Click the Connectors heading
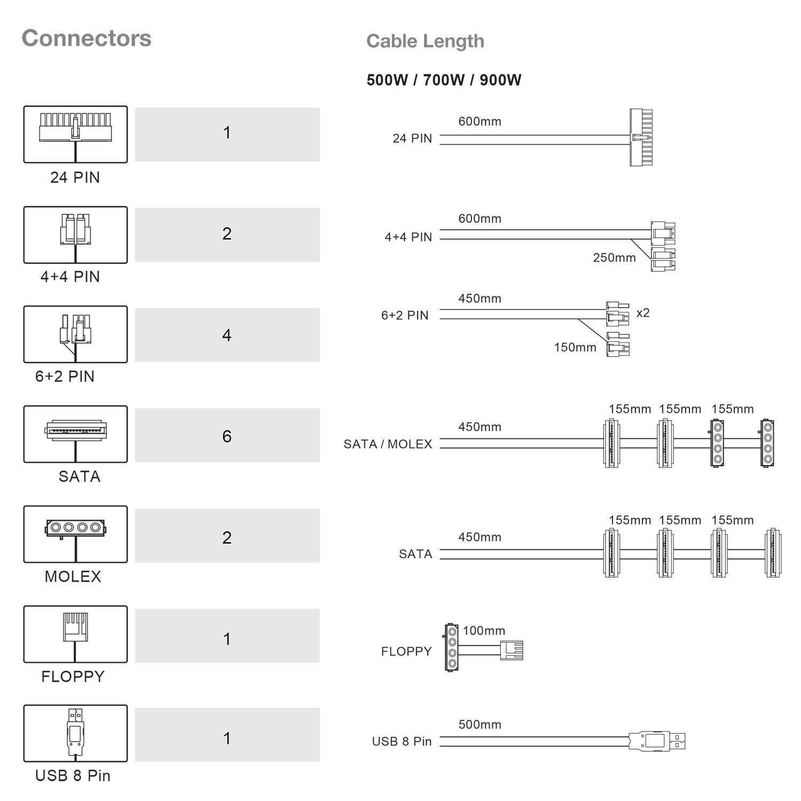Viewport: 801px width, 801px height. click(87, 38)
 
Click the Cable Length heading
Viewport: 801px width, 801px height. click(425, 41)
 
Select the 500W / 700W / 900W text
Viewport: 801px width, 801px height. click(444, 80)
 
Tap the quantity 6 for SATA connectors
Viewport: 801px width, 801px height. click(227, 436)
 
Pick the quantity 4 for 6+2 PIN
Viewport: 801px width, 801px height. click(227, 335)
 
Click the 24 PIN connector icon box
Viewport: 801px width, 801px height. click(75, 134)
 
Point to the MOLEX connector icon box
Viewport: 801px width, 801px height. click(75, 534)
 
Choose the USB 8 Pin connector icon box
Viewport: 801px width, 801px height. click(75, 733)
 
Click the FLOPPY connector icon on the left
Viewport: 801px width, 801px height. click(75, 634)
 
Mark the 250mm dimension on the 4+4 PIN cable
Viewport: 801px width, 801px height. click(614, 257)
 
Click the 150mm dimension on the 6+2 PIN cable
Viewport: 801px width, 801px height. click(575, 347)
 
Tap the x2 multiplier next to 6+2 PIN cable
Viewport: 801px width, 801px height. click(643, 312)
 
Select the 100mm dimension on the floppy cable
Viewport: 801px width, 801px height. click(484, 631)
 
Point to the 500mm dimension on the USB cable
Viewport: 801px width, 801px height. click(480, 725)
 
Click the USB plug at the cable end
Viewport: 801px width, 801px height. click(657, 741)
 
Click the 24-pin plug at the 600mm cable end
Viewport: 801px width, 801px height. click(641, 137)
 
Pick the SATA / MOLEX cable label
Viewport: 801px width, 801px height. click(388, 444)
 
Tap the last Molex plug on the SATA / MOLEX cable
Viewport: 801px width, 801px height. click(767, 443)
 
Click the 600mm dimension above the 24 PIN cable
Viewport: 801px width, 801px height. click(480, 121)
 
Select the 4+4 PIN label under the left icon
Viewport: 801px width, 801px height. click(70, 277)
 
